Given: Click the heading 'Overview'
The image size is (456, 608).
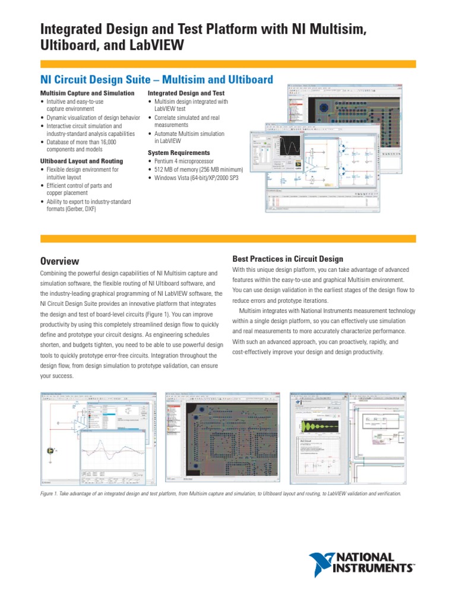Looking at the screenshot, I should click(59, 261).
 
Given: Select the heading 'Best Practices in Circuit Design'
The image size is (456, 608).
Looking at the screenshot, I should click(287, 258).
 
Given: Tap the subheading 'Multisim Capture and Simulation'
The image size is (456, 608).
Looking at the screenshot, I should click(87, 94).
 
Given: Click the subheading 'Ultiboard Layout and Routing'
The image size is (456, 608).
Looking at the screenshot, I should click(81, 161).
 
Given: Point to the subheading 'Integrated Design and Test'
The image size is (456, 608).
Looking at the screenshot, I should click(186, 94).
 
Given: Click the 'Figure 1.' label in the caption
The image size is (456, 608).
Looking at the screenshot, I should click(51, 493).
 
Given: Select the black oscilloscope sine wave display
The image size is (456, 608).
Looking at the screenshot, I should click(292, 145).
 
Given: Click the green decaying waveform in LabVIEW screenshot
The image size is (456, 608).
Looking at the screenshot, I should click(320, 426).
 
